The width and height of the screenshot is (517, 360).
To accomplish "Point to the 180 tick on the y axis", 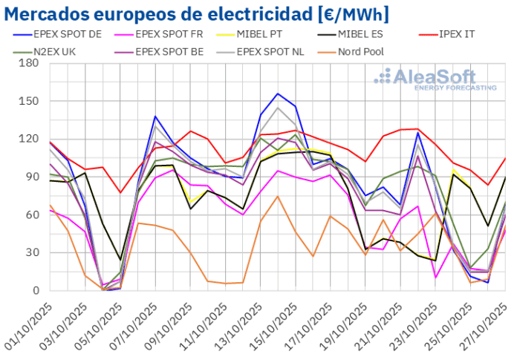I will click(29, 63).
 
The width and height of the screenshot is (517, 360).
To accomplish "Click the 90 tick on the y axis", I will click(32, 177).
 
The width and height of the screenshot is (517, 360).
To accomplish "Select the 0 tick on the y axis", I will click(35, 291).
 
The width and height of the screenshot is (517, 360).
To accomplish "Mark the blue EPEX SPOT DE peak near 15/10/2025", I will click(277, 94).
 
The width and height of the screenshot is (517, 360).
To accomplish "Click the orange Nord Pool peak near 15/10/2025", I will click(277, 196).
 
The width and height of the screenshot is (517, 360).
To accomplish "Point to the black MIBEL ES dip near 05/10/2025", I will click(120, 260).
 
